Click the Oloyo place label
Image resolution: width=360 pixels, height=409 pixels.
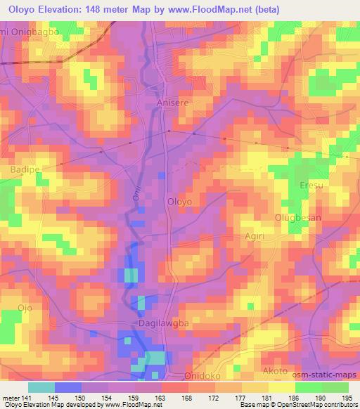tap(179, 201)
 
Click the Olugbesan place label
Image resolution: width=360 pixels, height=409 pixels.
tap(297, 217)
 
